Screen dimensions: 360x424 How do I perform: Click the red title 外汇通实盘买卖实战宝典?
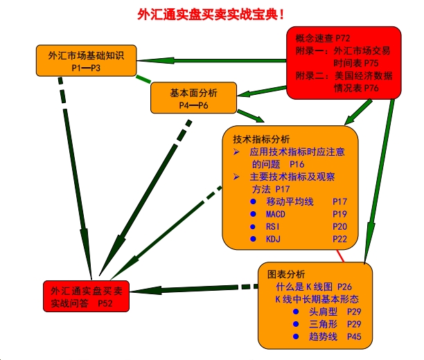coord(211,13)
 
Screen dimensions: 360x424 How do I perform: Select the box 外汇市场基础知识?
coord(87,61)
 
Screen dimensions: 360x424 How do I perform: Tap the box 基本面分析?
coord(194,98)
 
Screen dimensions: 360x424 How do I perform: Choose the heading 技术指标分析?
coord(262,138)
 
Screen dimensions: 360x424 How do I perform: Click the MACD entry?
coord(276,214)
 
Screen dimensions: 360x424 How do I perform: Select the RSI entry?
coord(274,226)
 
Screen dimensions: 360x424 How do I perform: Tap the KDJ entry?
coord(274,239)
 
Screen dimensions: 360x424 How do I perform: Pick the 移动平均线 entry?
coord(290,201)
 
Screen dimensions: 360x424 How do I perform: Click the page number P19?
coord(339,214)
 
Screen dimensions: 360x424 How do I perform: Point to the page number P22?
coord(339,239)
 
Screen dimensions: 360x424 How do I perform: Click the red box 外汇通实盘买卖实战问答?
coord(86,296)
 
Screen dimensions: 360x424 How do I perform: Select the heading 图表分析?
coord(285,274)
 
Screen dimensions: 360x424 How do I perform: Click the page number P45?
coord(353,337)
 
